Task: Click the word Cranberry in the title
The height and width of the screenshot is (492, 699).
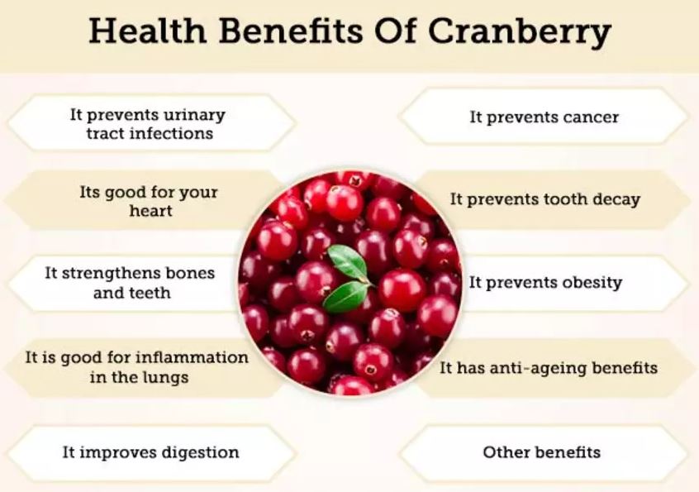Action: [520, 32]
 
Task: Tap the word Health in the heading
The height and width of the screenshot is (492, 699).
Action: [148, 31]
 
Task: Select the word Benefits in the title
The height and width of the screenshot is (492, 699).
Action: [291, 31]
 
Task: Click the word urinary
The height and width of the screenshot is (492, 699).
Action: [194, 115]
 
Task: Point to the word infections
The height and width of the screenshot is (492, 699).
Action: [174, 133]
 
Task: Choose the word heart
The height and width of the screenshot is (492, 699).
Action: [150, 211]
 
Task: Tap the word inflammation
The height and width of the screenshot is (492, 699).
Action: [192, 357]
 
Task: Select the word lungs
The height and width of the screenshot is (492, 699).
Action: [166, 378]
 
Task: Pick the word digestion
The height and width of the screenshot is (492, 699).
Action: [200, 453]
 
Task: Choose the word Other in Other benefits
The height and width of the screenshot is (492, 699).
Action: [504, 452]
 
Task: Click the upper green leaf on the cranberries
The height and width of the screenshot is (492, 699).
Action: [349, 263]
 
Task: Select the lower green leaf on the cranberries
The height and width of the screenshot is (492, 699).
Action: [345, 297]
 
